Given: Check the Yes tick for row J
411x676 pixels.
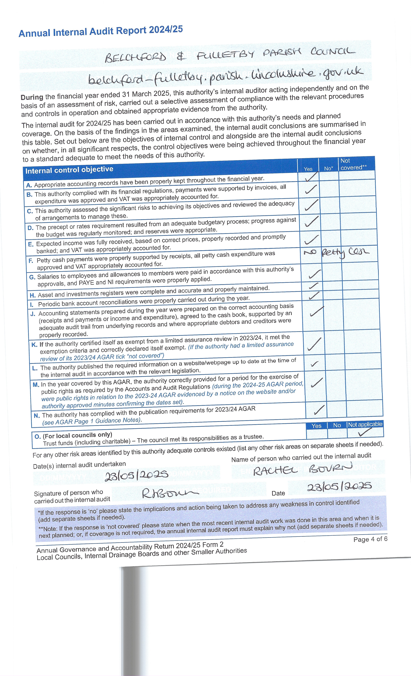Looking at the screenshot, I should coord(317,311).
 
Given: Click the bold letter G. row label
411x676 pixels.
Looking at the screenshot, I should coord(32,277).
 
